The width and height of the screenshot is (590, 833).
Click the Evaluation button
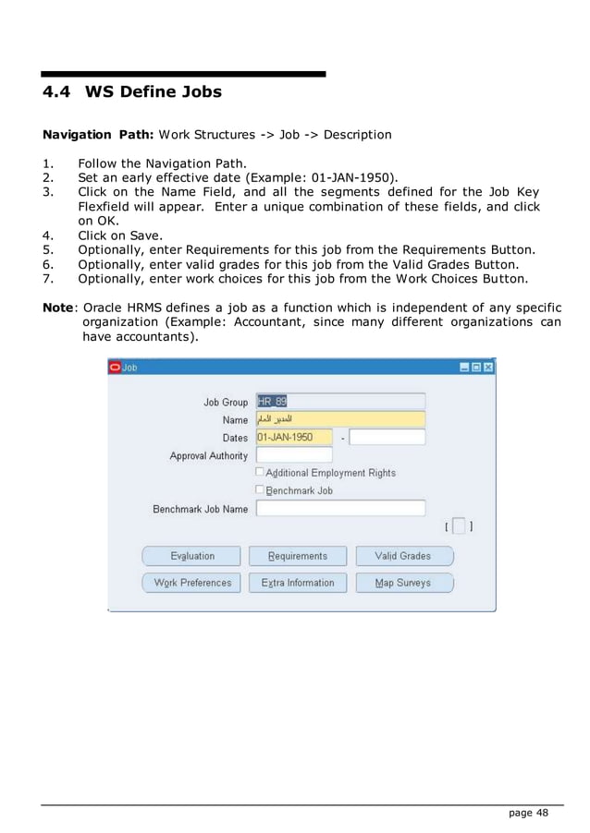pyautogui.click(x=191, y=556)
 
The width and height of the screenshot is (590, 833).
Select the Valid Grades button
pyautogui.click(x=403, y=556)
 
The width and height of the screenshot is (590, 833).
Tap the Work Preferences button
pyautogui.click(x=191, y=583)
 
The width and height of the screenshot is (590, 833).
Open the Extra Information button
pyautogui.click(x=298, y=583)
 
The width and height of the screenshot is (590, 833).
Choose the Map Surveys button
pyautogui.click(x=403, y=583)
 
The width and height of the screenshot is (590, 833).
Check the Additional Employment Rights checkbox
pyautogui.click(x=261, y=472)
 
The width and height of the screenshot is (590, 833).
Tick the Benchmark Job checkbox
pyautogui.click(x=261, y=489)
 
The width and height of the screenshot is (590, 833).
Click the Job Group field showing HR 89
pyautogui.click(x=339, y=402)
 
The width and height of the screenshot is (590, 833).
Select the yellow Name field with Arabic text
pyautogui.click(x=339, y=419)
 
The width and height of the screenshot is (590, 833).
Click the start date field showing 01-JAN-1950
pyautogui.click(x=293, y=437)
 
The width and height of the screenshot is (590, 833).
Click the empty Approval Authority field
pyautogui.click(x=293, y=455)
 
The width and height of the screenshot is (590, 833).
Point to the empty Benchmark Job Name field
pyautogui.click(x=339, y=508)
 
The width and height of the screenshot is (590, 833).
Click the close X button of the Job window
pyautogui.click(x=488, y=367)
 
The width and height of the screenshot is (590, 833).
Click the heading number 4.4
pyautogui.click(x=57, y=92)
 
